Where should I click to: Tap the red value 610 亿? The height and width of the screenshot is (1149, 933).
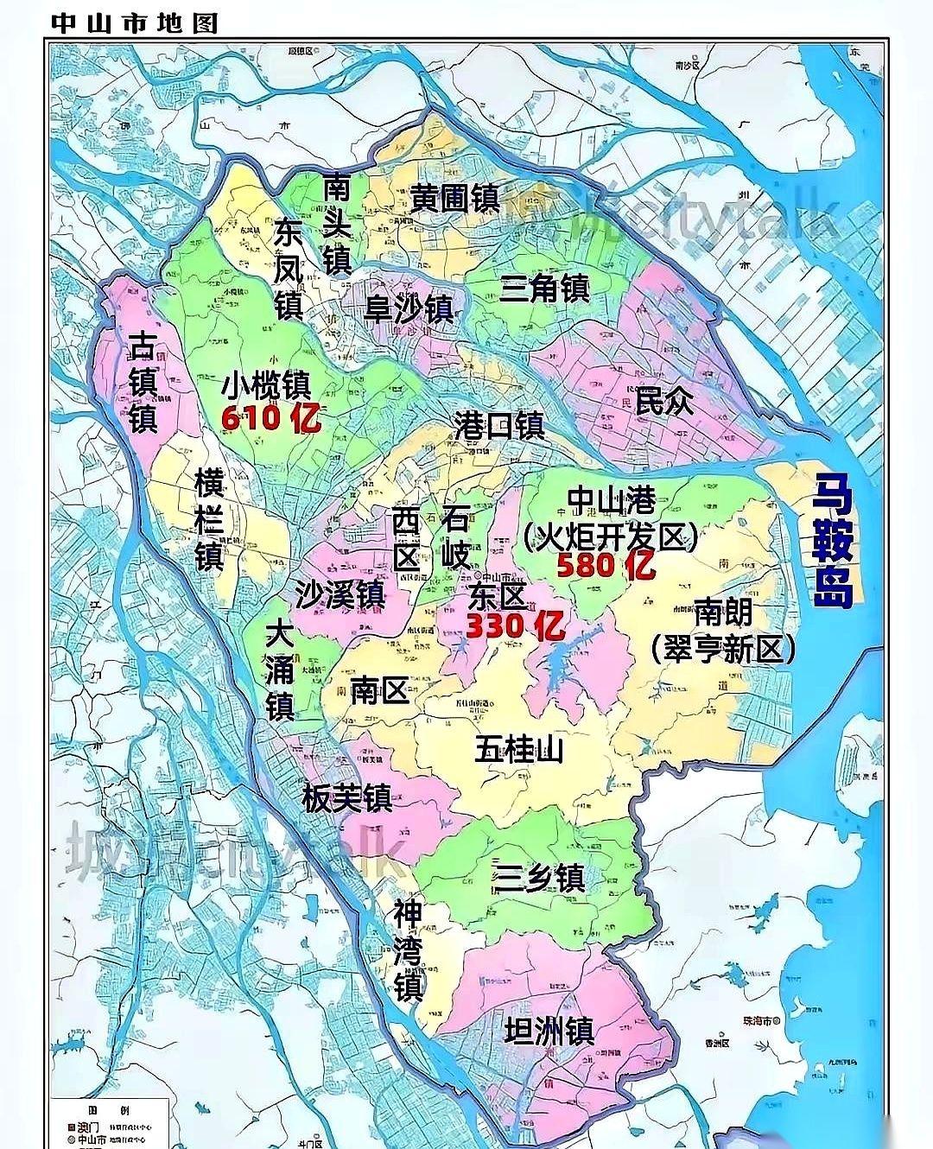click(x=271, y=419)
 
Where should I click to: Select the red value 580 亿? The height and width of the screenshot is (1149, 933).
click(x=606, y=566)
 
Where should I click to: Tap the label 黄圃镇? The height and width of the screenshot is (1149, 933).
click(x=454, y=199)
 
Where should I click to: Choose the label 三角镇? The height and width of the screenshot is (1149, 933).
click(x=544, y=287)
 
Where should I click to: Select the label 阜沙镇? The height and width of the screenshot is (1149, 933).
click(x=408, y=308)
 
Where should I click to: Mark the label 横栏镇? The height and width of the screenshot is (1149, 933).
click(x=209, y=518)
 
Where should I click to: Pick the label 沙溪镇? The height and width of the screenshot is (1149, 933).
click(x=340, y=594)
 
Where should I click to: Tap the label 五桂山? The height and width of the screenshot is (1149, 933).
click(x=519, y=748)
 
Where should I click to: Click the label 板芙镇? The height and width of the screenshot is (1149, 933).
click(x=347, y=797)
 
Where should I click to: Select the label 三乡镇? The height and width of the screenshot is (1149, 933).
click(x=539, y=877)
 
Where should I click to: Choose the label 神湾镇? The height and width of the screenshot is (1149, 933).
click(x=408, y=949)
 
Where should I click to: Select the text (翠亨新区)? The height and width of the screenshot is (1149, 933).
click(x=723, y=648)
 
